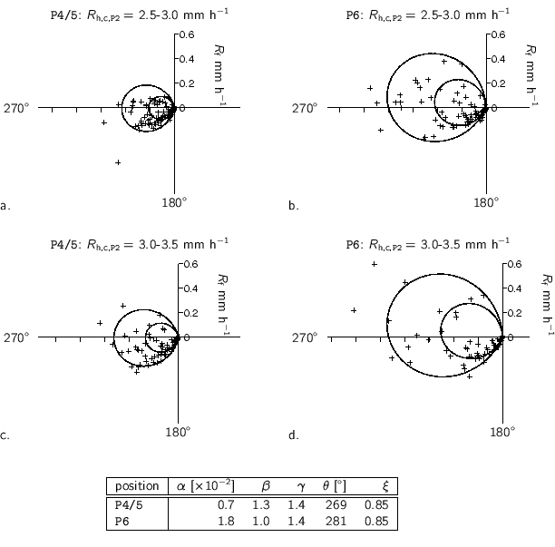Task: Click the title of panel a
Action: click(140, 15)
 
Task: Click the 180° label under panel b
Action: click(485, 202)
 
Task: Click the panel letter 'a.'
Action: click(6, 207)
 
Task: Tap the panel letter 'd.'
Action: click(294, 436)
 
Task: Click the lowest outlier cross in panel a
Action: click(118, 162)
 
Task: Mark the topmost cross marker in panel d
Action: click(375, 264)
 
